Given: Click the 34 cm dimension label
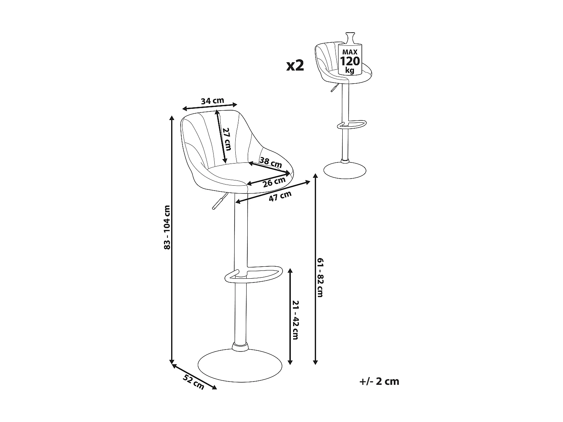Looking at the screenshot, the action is pyautogui.click(x=212, y=101).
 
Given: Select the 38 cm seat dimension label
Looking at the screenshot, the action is pyautogui.click(x=271, y=162).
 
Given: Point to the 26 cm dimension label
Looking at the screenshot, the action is pyautogui.click(x=274, y=182).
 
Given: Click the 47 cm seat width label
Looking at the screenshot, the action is pyautogui.click(x=280, y=196).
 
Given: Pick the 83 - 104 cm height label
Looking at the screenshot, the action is pyautogui.click(x=167, y=227).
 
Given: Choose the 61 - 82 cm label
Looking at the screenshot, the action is pyautogui.click(x=321, y=278).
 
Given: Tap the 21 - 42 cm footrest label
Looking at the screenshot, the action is pyautogui.click(x=295, y=320).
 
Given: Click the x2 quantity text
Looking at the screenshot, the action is pyautogui.click(x=295, y=65).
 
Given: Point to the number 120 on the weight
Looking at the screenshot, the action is pyautogui.click(x=350, y=61).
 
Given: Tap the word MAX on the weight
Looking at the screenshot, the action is pyautogui.click(x=350, y=52).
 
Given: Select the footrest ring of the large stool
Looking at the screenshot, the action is pyautogui.click(x=253, y=275).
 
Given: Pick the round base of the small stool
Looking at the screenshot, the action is pyautogui.click(x=345, y=170).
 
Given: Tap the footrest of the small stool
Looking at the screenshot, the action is pyautogui.click(x=352, y=124).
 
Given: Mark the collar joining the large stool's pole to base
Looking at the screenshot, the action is pyautogui.click(x=240, y=346).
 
